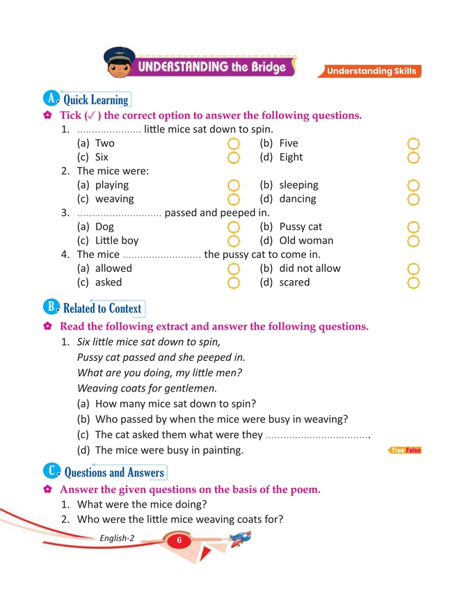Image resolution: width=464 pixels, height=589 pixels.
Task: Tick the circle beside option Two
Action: tap(234, 144)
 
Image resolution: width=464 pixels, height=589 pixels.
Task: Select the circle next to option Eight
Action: tap(413, 157)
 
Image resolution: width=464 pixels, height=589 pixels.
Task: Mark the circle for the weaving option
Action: tap(234, 199)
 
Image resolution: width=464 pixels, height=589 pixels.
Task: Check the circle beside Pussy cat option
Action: tap(413, 227)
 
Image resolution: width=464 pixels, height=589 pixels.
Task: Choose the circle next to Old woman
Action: tap(413, 241)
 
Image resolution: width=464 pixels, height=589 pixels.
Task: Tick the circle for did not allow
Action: tap(413, 269)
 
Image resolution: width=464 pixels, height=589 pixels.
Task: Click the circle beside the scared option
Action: tap(413, 282)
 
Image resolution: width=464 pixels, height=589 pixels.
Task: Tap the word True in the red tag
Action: tap(397, 451)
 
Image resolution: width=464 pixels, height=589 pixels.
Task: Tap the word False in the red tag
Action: tap(413, 451)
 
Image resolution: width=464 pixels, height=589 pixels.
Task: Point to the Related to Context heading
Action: tap(102, 309)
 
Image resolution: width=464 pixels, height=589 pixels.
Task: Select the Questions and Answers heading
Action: tap(113, 473)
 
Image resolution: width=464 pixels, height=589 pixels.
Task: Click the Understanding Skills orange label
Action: tap(371, 71)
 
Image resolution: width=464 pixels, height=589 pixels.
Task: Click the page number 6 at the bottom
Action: tap(178, 541)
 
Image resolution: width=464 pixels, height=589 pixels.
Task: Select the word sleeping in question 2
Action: tap(298, 186)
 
